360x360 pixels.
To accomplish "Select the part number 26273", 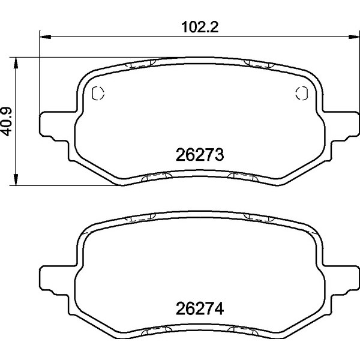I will click(200, 155).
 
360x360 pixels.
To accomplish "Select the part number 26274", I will click(200, 311).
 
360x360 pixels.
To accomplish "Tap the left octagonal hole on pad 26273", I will click(98, 93).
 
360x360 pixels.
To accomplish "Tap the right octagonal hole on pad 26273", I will click(302, 93).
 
